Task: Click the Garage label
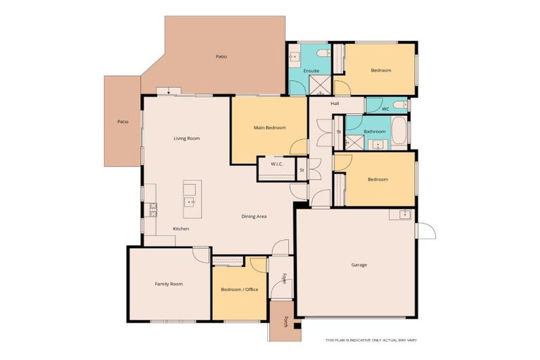(x=359, y=265)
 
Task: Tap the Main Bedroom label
(x=270, y=127)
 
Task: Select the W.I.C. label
(x=276, y=165)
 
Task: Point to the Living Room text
(x=187, y=139)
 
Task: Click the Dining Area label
(x=254, y=217)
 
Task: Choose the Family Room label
(x=169, y=284)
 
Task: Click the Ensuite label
(x=311, y=71)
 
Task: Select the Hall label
(x=335, y=104)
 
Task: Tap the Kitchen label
(x=181, y=229)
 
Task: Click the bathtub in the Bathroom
(x=398, y=130)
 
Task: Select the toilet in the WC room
(x=399, y=106)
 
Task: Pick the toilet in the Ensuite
(x=321, y=53)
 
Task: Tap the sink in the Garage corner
(x=404, y=214)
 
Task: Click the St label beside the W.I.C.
(x=302, y=169)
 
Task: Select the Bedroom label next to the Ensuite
(x=380, y=70)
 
